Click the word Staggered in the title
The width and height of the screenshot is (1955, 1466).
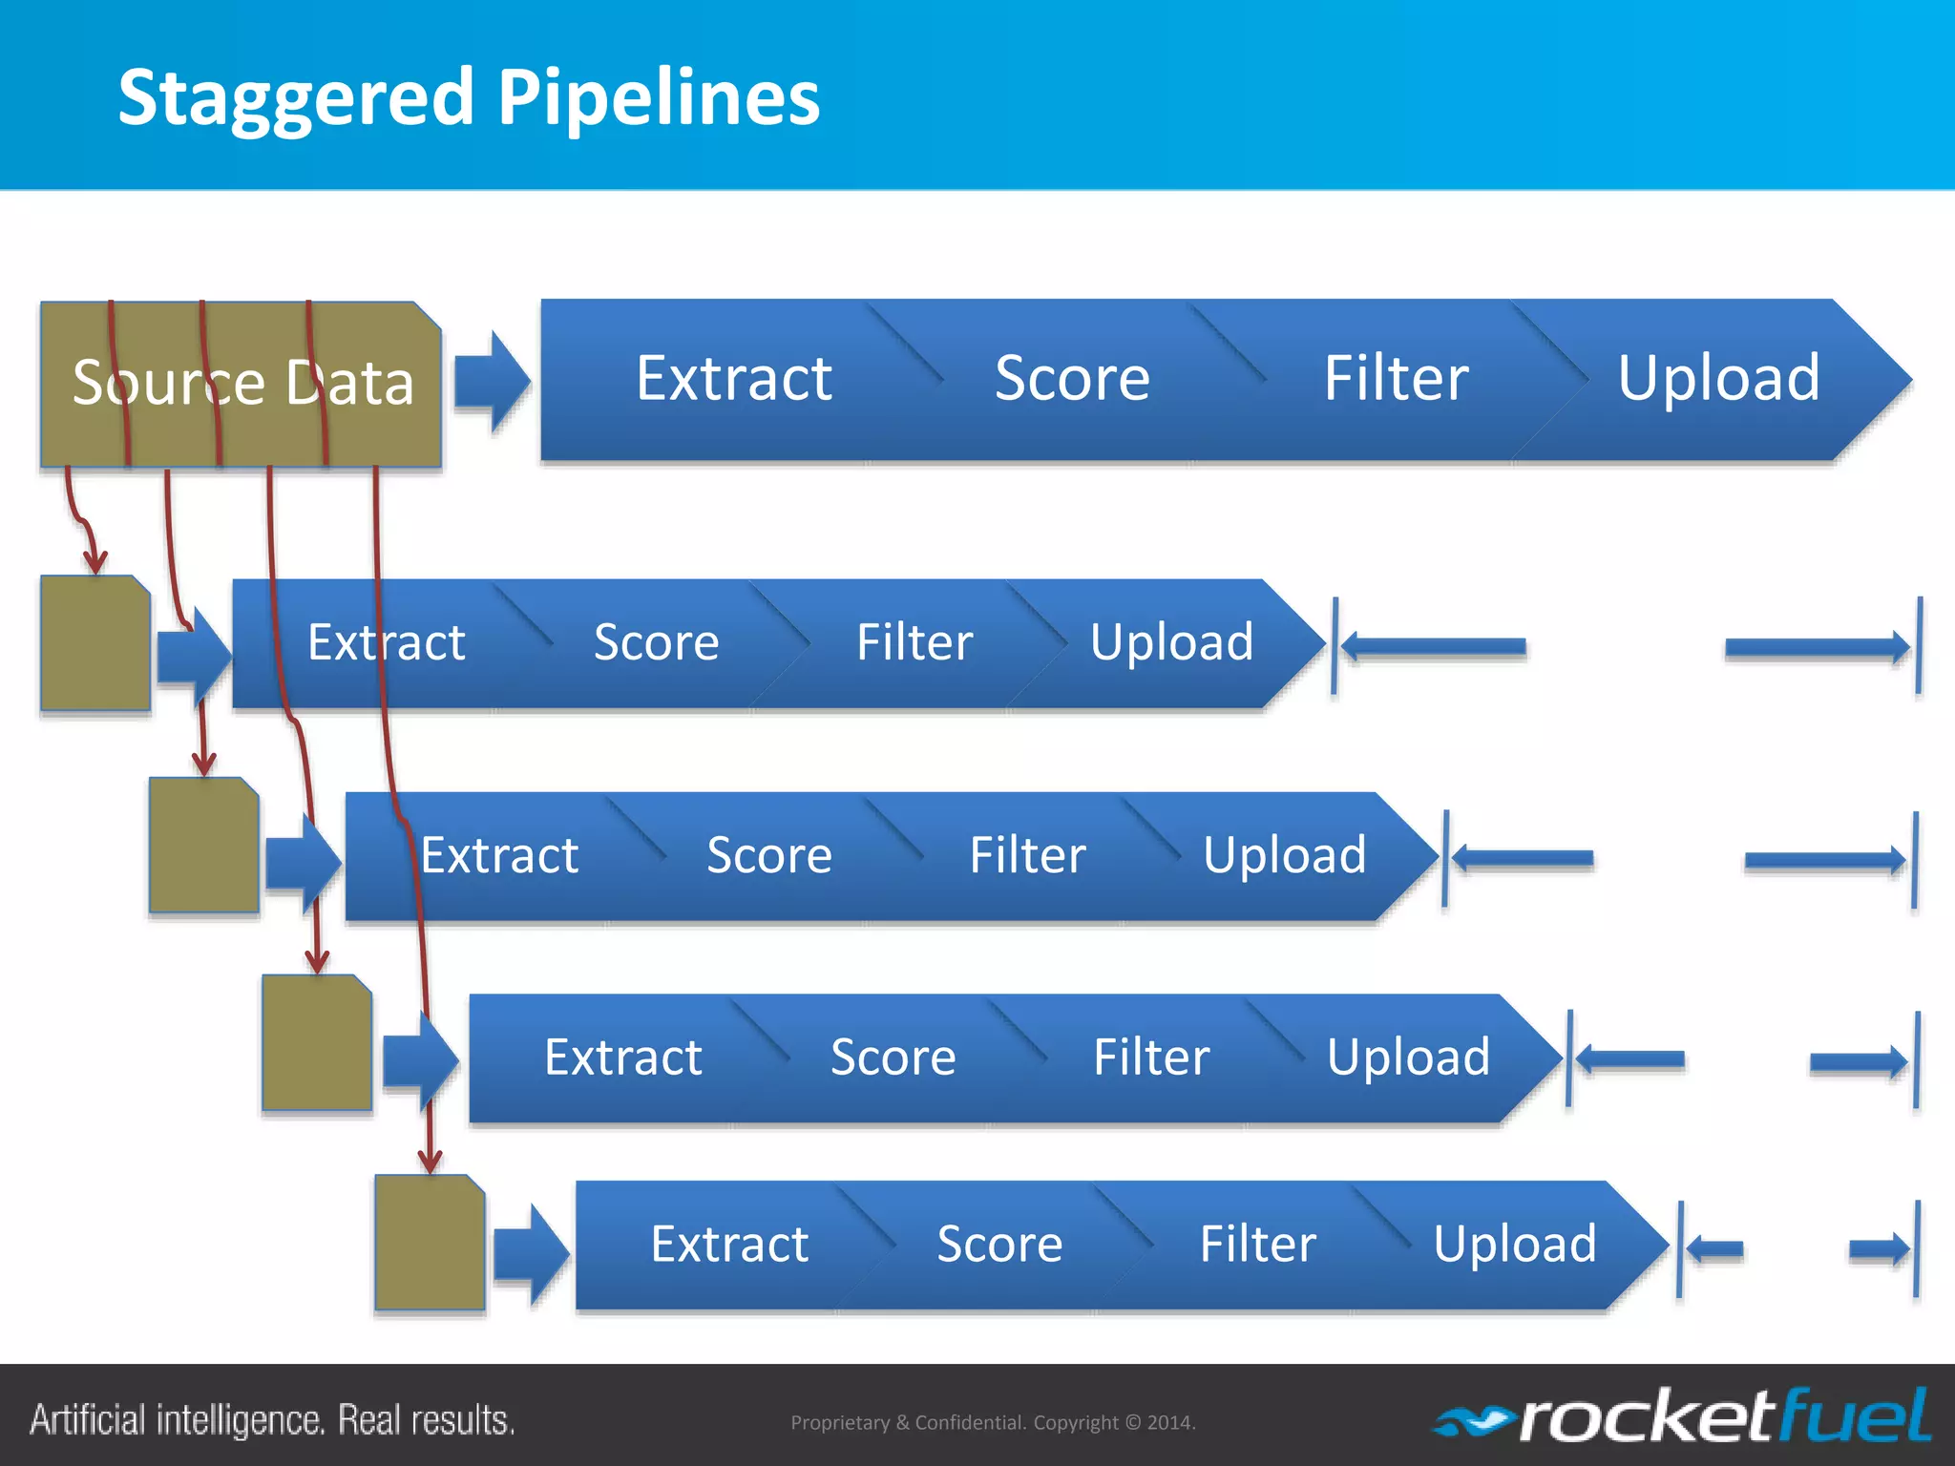click(x=296, y=98)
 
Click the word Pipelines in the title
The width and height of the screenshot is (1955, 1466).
click(x=659, y=98)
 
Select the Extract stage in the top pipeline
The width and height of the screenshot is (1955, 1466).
click(x=733, y=379)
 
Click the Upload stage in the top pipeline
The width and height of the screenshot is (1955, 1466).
click(x=1718, y=379)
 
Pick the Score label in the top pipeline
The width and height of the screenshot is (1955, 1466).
click(x=1071, y=379)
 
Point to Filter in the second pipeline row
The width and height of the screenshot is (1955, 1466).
click(x=914, y=642)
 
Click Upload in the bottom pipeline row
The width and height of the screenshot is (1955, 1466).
click(x=1514, y=1245)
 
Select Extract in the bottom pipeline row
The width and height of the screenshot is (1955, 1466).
click(x=729, y=1245)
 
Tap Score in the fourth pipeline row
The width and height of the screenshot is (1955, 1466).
click(x=893, y=1058)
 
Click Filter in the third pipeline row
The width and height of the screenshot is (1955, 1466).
click(x=1027, y=855)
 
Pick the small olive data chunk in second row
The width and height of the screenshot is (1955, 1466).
click(x=95, y=643)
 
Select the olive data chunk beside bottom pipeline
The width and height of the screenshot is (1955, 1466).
click(x=430, y=1243)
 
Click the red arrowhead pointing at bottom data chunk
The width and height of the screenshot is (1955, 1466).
click(x=431, y=1160)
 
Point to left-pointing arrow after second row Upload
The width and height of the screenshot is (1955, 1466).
click(x=1432, y=647)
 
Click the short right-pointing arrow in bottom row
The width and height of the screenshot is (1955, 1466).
click(x=1879, y=1248)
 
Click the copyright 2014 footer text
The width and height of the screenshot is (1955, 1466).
click(x=993, y=1422)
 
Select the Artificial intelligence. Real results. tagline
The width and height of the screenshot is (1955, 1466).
click(x=272, y=1420)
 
